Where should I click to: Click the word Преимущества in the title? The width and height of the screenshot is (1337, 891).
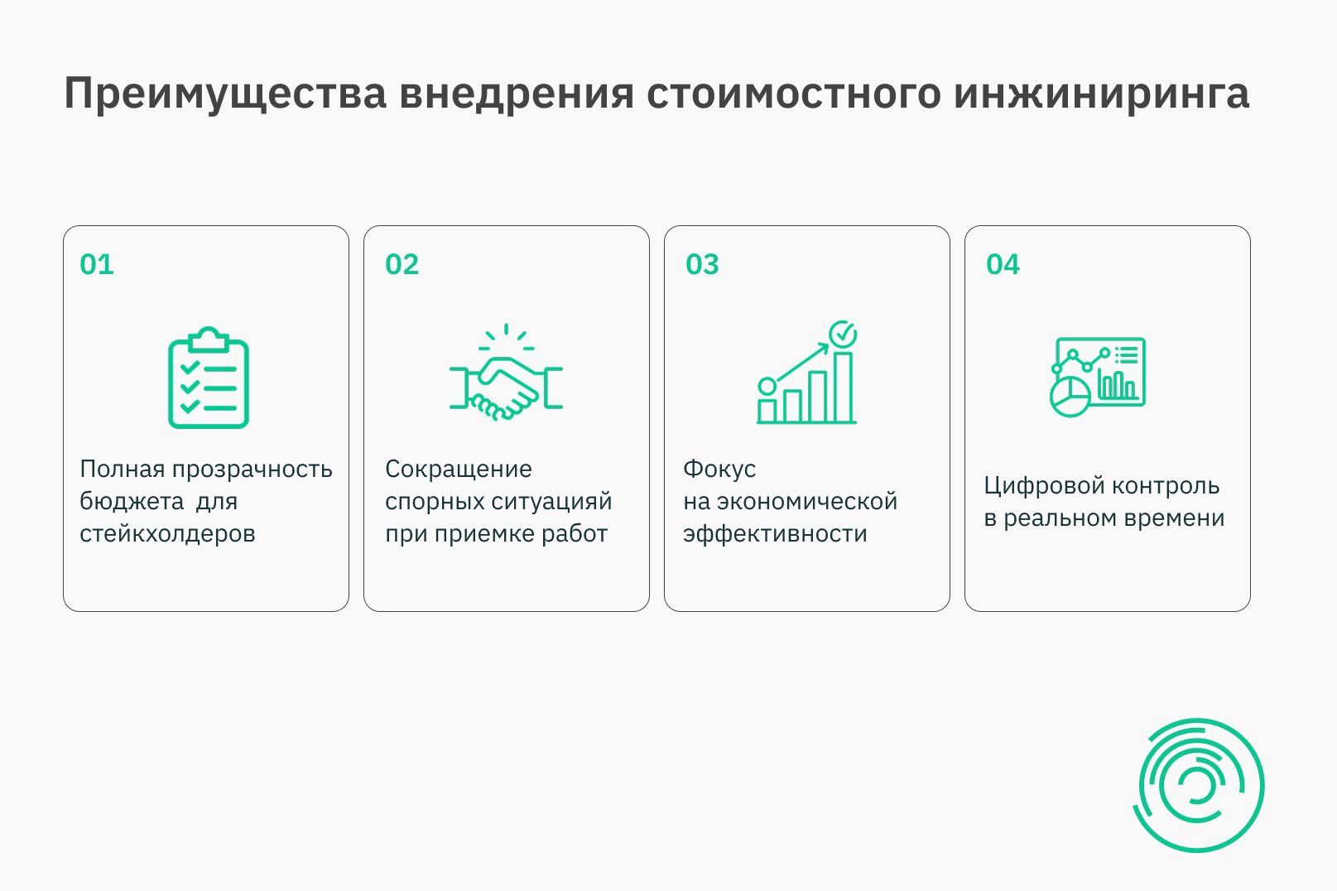225,94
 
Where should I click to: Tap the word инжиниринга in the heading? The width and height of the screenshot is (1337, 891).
1101,94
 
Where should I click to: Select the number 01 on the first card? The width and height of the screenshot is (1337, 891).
97,264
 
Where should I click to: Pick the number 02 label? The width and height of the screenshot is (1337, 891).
402,264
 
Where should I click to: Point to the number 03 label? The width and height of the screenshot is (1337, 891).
702,264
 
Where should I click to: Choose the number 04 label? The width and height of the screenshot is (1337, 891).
1003,264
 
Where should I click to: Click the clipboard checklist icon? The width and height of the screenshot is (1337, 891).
209,378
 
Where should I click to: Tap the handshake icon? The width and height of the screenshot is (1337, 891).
506,373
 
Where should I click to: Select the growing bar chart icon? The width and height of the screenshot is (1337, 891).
807,373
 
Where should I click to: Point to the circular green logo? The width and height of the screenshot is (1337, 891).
1199,785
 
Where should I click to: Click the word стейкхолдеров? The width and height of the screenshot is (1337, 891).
168,533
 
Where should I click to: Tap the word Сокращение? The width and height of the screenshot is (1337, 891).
459,469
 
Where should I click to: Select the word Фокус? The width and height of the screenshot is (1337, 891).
720,469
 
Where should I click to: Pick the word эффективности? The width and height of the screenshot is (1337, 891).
776,533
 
